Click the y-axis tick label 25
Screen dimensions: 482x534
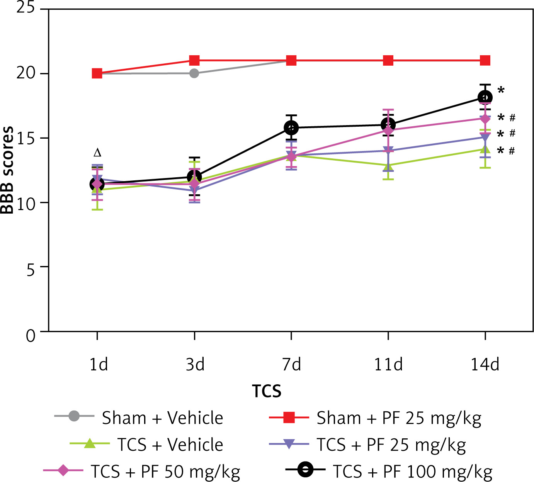pyautogui.click(x=26, y=8)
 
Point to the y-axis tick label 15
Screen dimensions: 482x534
pyautogui.click(x=26, y=138)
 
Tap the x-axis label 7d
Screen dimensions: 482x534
pyautogui.click(x=291, y=364)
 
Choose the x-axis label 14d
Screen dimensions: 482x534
pyautogui.click(x=485, y=364)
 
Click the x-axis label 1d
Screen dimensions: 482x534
pyautogui.click(x=98, y=364)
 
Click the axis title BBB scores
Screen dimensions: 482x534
pyautogui.click(x=8, y=170)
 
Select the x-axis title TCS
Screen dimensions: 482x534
pyautogui.click(x=267, y=391)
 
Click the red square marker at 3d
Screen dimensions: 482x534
pyautogui.click(x=194, y=61)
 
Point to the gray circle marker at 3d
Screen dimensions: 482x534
pyautogui.click(x=194, y=73)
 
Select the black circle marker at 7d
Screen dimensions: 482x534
pyautogui.click(x=291, y=127)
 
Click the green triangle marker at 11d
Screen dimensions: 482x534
pyautogui.click(x=388, y=166)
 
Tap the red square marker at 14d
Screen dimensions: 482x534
pyautogui.click(x=485, y=61)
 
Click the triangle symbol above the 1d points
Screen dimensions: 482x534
pyautogui.click(x=97, y=153)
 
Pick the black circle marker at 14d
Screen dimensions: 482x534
pyautogui.click(x=485, y=97)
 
